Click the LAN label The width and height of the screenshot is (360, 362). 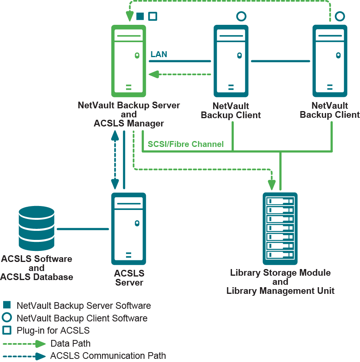tap(159, 54)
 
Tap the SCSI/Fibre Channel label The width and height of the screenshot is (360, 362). tap(186, 144)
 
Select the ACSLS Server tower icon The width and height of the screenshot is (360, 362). tap(129, 228)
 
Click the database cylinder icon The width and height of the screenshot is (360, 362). tap(36, 230)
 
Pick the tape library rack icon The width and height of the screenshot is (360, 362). tap(280, 228)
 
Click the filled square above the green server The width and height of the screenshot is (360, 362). tap(140, 16)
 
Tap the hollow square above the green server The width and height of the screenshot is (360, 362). tap(152, 16)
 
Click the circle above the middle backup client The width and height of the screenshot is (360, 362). tap(241, 16)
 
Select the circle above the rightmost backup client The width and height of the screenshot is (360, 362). tap(340, 16)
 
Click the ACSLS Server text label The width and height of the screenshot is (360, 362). tap(129, 278)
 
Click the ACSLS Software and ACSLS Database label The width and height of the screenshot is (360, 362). tap(36, 268)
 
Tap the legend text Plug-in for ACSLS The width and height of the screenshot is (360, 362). tap(53, 330)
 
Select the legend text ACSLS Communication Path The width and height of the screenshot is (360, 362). tap(108, 356)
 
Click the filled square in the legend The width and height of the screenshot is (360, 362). tap(6, 305)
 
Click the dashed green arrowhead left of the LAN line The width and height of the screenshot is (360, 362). tap(153, 74)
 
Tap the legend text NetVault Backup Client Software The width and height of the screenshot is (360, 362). tap(82, 318)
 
